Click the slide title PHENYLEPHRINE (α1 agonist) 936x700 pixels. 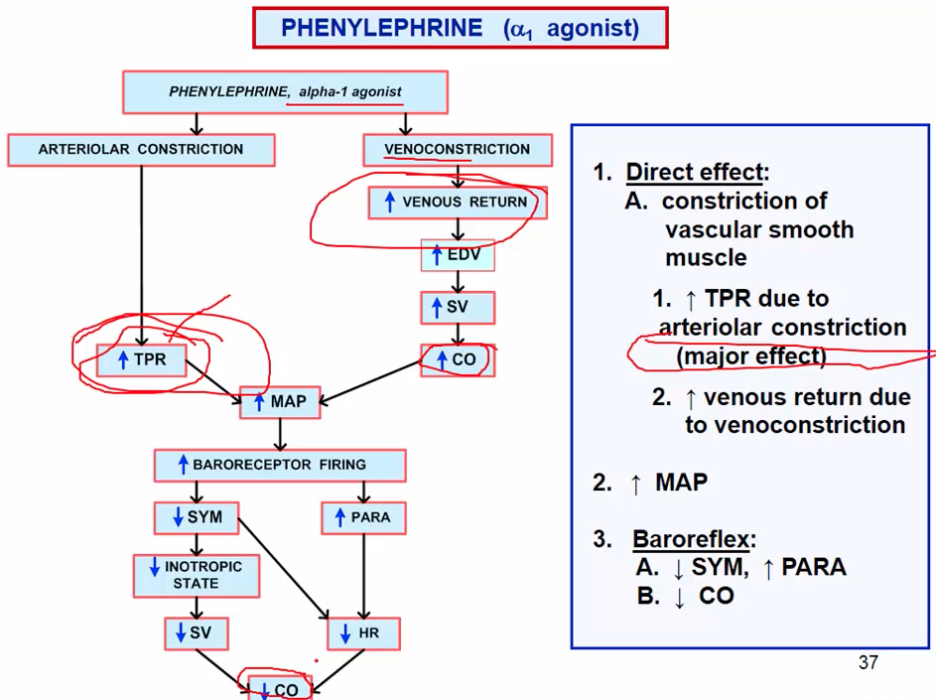[460, 28]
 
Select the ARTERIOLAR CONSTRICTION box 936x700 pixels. [141, 150]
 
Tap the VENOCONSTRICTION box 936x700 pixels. [458, 150]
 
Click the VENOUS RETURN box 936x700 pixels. [456, 203]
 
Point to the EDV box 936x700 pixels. [457, 255]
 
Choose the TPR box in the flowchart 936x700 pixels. [142, 359]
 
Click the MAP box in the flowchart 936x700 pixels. [281, 402]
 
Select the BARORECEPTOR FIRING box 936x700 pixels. [279, 465]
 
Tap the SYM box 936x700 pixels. [197, 517]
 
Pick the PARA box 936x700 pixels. [362, 517]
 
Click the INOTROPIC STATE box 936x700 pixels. [196, 576]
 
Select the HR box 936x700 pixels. [362, 632]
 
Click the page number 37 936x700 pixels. [868, 662]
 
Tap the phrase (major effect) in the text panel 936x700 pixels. [750, 355]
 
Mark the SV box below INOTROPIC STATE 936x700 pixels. [196, 632]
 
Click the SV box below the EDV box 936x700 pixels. [457, 308]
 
